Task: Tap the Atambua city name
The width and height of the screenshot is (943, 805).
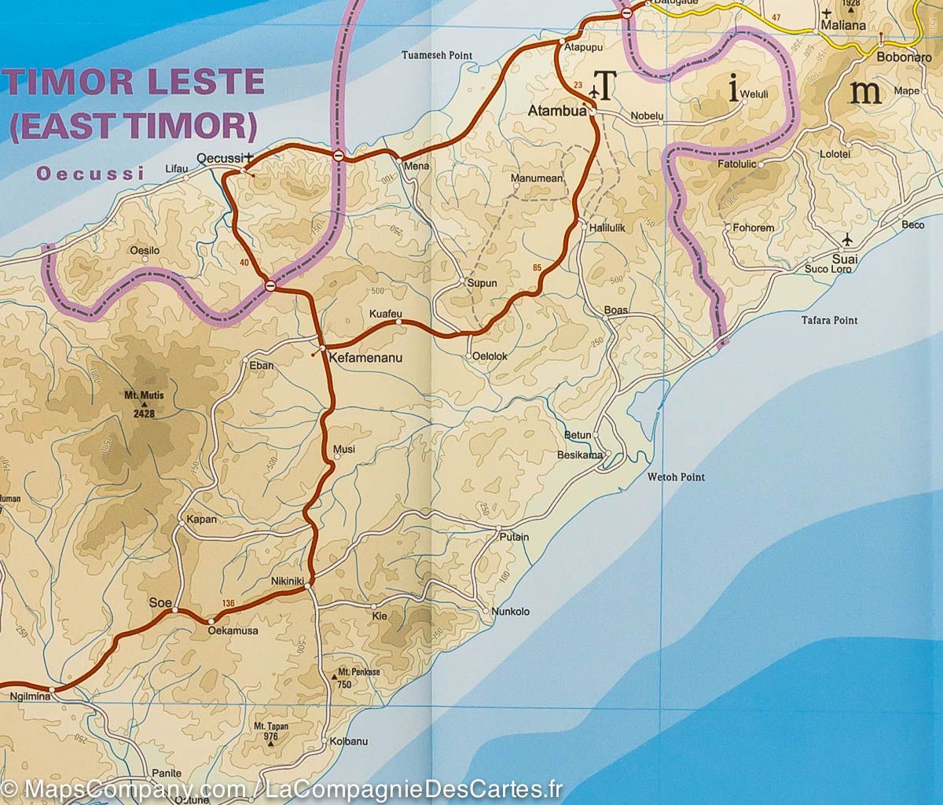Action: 557,112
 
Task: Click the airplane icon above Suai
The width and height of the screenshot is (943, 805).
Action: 847,239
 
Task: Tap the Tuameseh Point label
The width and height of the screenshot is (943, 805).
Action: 437,56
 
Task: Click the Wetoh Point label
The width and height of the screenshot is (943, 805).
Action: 676,477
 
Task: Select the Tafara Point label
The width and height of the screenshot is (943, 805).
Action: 829,321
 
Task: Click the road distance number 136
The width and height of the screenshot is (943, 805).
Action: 229,603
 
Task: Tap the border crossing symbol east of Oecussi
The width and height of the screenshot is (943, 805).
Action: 338,156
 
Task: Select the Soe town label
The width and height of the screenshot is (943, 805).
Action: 160,602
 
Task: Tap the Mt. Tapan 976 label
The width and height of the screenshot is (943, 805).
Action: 272,731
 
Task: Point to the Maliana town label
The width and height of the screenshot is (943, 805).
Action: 842,25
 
